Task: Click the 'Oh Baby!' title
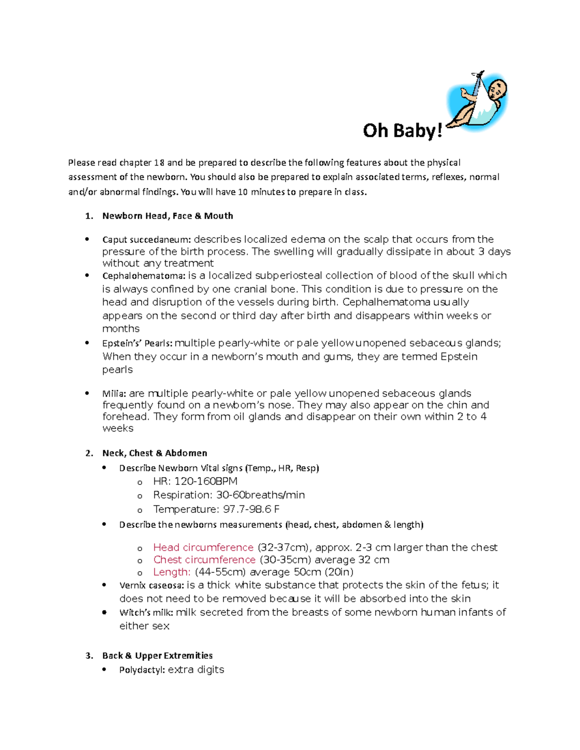coord(403,131)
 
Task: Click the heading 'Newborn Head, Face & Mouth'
coord(167,216)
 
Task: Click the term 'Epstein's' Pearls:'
coord(137,343)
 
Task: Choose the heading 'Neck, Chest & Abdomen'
coord(155,453)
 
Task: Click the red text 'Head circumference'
coord(203,548)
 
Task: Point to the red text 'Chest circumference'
coord(204,560)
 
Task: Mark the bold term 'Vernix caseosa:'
coord(151,585)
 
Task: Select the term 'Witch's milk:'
coord(146,613)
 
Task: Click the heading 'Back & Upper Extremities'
coord(158,655)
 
